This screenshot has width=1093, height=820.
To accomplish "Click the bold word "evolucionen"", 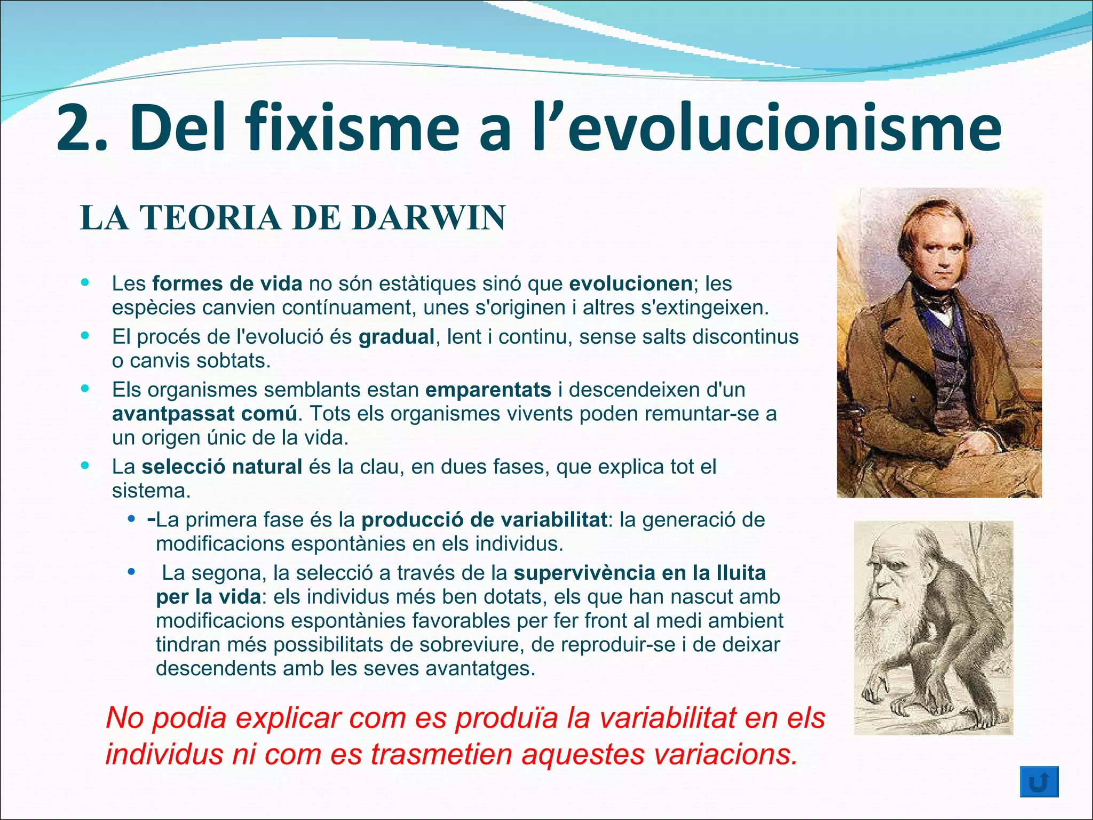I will pyautogui.click(x=630, y=283).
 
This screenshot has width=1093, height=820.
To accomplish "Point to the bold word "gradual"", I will pyautogui.click(x=397, y=337).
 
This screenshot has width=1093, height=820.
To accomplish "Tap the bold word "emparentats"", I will pyautogui.click(x=488, y=390).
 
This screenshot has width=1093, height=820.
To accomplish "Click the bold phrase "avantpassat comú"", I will pyautogui.click(x=204, y=414).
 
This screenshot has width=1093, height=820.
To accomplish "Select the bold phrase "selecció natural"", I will pyautogui.click(x=221, y=467).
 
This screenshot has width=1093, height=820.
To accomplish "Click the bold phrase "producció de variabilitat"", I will pyautogui.click(x=484, y=520).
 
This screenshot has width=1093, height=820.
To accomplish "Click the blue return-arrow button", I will pyautogui.click(x=1039, y=782).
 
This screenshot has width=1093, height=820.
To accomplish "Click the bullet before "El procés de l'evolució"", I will pyautogui.click(x=85, y=336).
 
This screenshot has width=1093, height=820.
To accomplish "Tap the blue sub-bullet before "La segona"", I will pyautogui.click(x=131, y=572).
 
